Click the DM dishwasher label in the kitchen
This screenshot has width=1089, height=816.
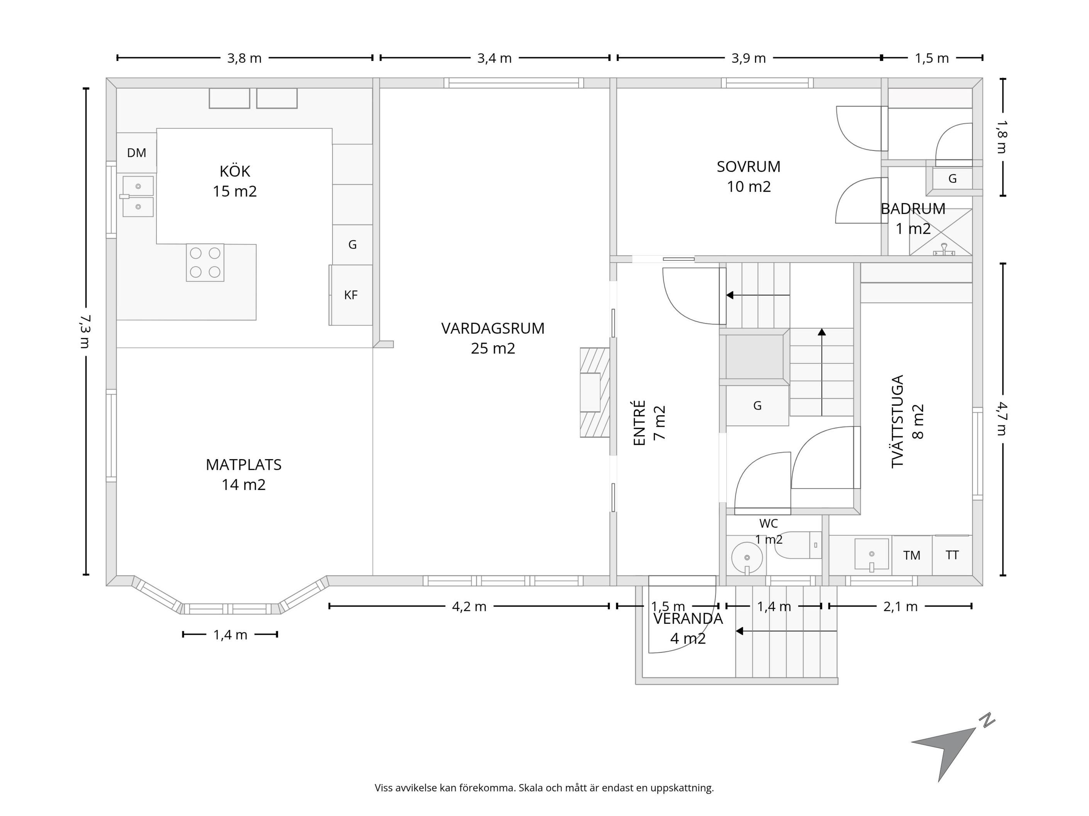[136, 153]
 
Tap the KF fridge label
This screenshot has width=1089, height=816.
[351, 295]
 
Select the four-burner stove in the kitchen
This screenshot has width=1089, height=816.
[205, 263]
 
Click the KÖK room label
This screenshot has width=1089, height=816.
[235, 171]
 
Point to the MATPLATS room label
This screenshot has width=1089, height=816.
[244, 465]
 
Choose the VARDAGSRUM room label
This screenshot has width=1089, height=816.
[493, 329]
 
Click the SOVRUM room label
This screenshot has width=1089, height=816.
[748, 167]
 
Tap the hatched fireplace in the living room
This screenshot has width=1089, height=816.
[595, 392]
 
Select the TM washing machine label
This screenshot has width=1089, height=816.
[912, 555]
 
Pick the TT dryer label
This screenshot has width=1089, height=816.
[952, 555]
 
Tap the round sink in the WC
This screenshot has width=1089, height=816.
[747, 558]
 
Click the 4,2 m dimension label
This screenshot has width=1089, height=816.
[469, 607]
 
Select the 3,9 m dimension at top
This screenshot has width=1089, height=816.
[748, 58]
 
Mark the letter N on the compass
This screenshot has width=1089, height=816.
[987, 721]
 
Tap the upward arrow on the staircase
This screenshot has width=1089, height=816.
[822, 372]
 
